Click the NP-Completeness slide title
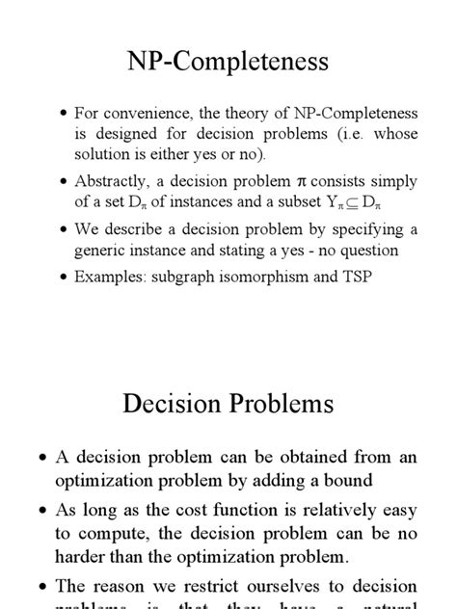(228, 63)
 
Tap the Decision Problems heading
(228, 403)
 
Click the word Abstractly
(112, 180)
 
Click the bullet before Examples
(64, 276)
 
